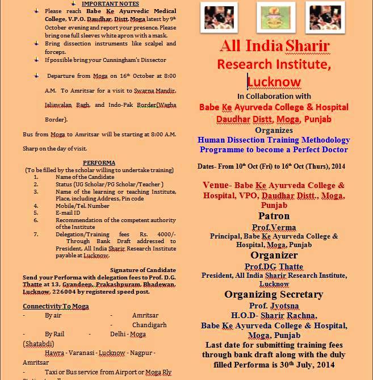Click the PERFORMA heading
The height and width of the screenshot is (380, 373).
[99, 163]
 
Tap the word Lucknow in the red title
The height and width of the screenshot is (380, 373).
[274, 81]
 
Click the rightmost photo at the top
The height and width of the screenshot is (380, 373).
[325, 17]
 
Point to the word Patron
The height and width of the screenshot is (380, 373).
[274, 216]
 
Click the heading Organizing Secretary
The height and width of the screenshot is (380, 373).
[274, 294]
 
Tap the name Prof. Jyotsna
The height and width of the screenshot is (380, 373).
[274, 306]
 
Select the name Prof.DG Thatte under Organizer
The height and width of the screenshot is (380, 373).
[274, 266]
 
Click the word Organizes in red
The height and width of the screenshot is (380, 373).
[274, 130]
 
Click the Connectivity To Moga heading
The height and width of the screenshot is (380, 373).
[56, 306]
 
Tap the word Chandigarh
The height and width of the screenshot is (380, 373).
[149, 325]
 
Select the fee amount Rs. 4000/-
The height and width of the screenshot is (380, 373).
[160, 234]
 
